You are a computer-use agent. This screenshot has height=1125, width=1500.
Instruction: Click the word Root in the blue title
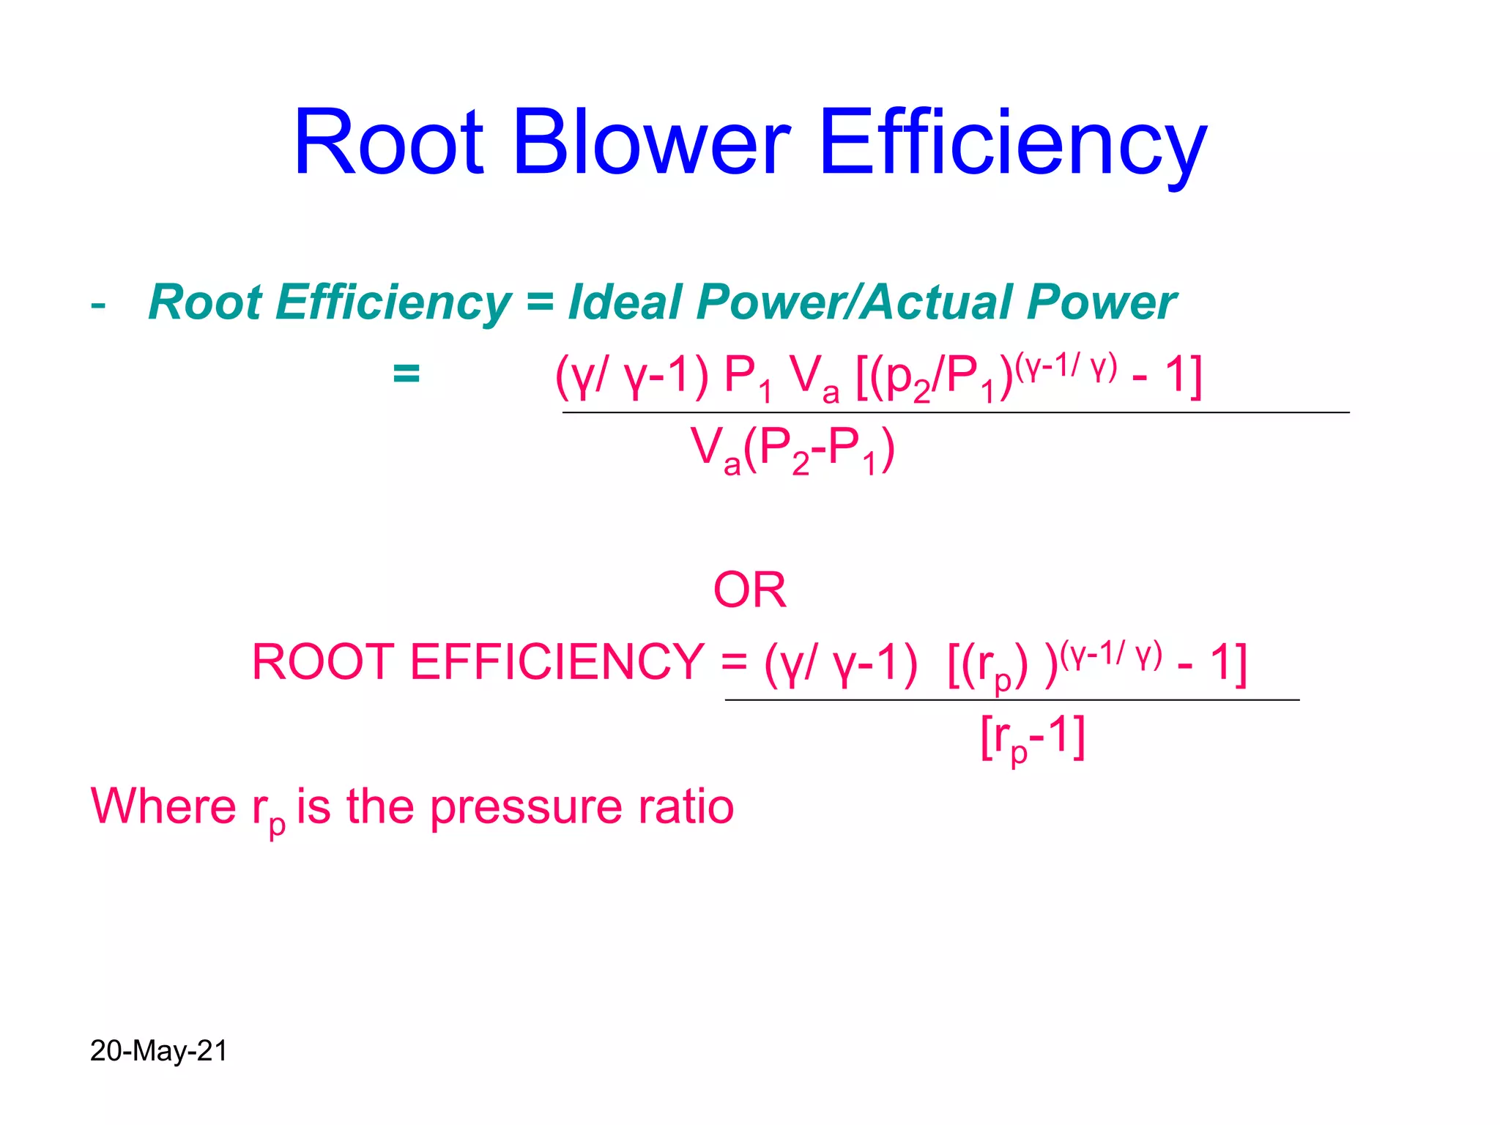click(388, 143)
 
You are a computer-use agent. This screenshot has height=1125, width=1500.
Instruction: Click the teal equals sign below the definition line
click(406, 374)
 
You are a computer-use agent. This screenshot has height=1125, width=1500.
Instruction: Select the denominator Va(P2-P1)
click(792, 450)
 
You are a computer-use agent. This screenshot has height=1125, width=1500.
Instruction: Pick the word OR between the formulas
click(749, 590)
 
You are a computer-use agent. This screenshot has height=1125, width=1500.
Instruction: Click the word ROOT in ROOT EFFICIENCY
click(323, 662)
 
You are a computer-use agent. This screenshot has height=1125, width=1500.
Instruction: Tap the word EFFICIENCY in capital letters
click(557, 662)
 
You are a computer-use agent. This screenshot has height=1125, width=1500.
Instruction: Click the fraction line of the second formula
click(1011, 701)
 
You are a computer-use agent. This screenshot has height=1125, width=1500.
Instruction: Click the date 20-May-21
click(158, 1051)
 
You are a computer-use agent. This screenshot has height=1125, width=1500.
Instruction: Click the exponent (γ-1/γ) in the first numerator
click(1066, 366)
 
